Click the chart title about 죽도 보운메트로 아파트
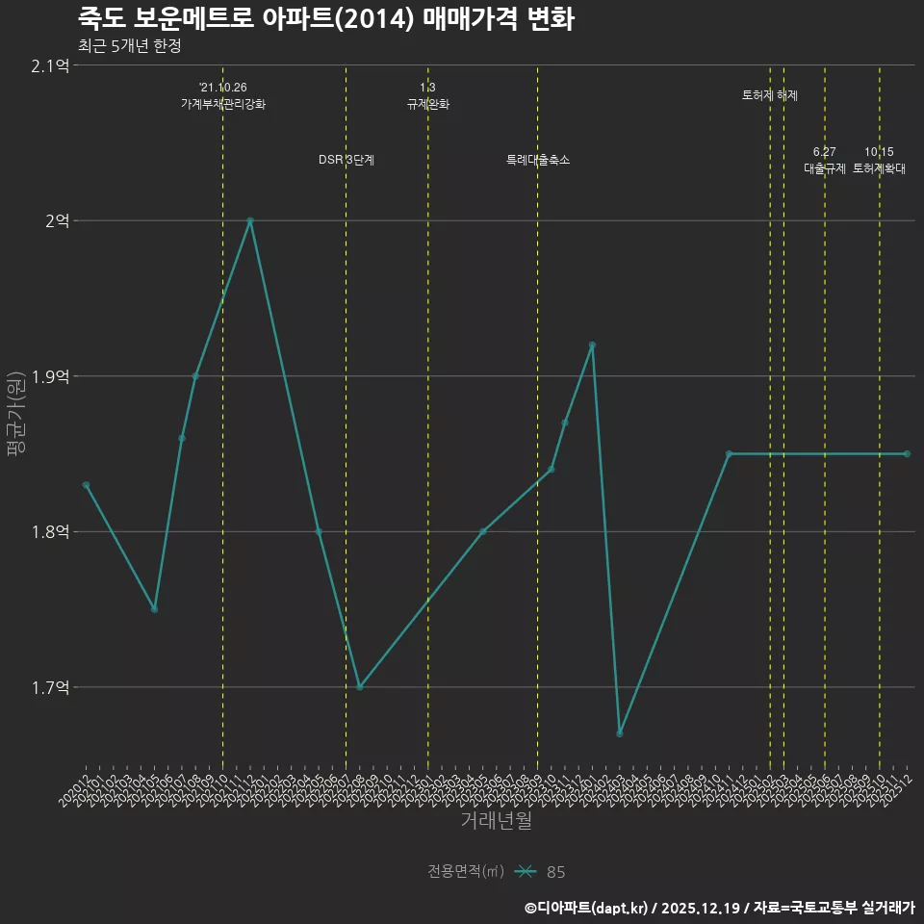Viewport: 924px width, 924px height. point(325,18)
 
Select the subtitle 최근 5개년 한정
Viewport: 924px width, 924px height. point(129,45)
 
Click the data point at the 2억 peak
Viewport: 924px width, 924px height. point(250,220)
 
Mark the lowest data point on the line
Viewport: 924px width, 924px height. point(620,733)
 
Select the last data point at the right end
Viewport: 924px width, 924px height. point(907,453)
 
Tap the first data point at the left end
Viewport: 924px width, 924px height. point(86,485)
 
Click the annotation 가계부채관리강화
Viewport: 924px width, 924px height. point(223,104)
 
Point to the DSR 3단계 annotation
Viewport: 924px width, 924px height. point(346,160)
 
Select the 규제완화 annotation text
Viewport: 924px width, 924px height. point(428,104)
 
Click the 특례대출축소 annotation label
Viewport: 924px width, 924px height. point(538,160)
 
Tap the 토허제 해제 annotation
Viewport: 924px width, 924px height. point(770,95)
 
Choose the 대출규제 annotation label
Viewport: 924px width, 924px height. point(825,168)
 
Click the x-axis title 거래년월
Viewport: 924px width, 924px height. point(496,820)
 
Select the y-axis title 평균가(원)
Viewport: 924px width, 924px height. point(17,414)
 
